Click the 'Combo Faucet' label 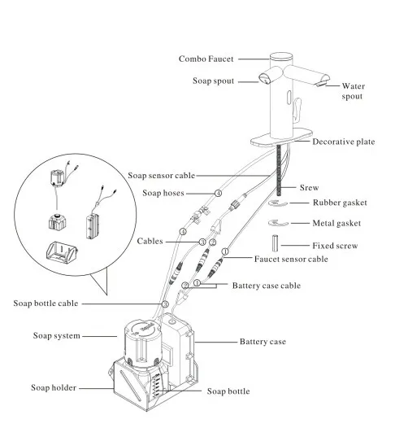pos(206,59)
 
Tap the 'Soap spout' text pos(213,81)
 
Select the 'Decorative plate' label pos(343,142)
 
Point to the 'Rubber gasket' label pos(340,203)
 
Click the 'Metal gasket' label pos(336,223)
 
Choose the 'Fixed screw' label pos(335,246)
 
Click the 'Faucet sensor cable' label pos(291,259)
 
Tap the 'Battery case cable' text pos(267,286)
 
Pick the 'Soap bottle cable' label pos(46,304)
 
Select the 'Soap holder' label pos(54,387)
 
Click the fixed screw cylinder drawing pos(275,243)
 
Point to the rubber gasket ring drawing pos(278,203)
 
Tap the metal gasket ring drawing pos(278,223)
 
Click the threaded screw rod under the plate pos(279,170)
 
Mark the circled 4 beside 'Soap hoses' pos(218,194)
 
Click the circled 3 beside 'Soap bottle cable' pos(165,304)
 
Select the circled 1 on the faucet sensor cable pos(225,251)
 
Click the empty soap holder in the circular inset pos(62,252)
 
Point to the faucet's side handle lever pos(297,109)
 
